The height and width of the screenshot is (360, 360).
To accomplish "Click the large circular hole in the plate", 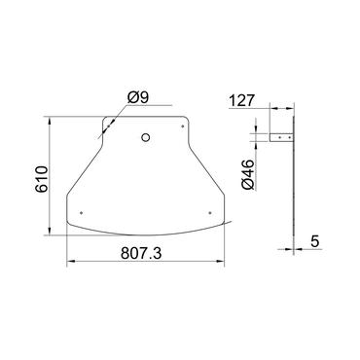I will tap(145, 137).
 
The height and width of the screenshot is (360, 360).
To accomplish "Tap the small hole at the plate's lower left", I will tap(82, 211).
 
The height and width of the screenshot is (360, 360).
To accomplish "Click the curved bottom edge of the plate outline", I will tap(146, 234).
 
